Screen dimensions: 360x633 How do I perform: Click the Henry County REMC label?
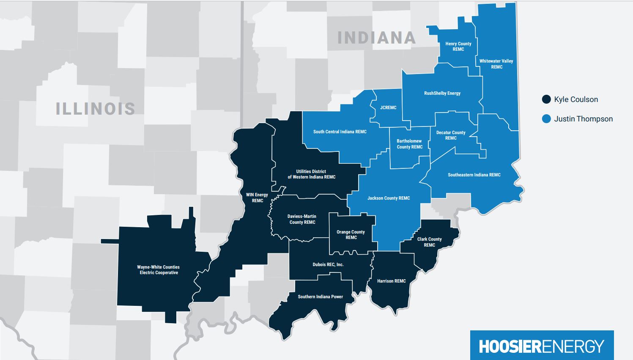tap(458, 47)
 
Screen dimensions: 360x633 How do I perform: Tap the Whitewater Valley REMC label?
tap(496, 64)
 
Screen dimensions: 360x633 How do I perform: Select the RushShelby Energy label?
tap(442, 93)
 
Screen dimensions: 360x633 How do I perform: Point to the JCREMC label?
tap(388, 108)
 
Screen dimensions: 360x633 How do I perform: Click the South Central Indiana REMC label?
tap(340, 132)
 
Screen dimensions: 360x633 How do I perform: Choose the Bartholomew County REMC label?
tap(409, 144)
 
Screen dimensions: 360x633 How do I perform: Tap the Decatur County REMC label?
tap(450, 135)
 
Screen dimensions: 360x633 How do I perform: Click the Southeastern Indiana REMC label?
tap(474, 175)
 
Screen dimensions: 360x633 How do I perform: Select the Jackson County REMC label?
tap(388, 198)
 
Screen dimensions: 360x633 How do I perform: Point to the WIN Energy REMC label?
tap(257, 198)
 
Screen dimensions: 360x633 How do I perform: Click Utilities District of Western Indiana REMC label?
tap(311, 174)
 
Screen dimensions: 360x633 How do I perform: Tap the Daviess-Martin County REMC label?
tap(302, 219)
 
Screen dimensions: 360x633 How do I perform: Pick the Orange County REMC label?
tap(351, 235)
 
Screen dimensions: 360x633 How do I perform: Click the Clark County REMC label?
tap(429, 242)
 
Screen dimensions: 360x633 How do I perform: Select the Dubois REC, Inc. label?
tap(328, 265)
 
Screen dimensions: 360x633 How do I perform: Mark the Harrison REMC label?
tap(391, 281)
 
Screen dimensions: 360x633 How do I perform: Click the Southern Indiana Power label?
tap(320, 297)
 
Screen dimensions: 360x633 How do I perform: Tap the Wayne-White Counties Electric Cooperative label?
tap(159, 270)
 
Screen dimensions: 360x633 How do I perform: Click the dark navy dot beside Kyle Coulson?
tap(546, 99)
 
